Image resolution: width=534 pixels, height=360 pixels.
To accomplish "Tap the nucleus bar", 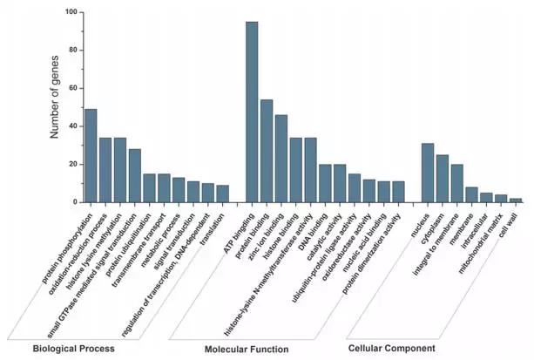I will click(x=428, y=173).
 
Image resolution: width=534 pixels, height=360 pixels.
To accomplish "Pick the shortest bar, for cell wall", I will click(x=516, y=200).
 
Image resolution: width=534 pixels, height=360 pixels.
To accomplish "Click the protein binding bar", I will click(x=267, y=151).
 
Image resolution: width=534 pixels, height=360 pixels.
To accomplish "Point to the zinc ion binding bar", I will click(x=281, y=159).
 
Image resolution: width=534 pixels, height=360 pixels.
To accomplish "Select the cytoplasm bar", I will click(x=443, y=178).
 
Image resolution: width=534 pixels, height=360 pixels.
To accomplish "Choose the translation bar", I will click(x=223, y=194).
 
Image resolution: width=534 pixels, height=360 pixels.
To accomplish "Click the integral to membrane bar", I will click(x=457, y=183).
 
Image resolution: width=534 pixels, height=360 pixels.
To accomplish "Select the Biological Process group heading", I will click(x=73, y=349).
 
